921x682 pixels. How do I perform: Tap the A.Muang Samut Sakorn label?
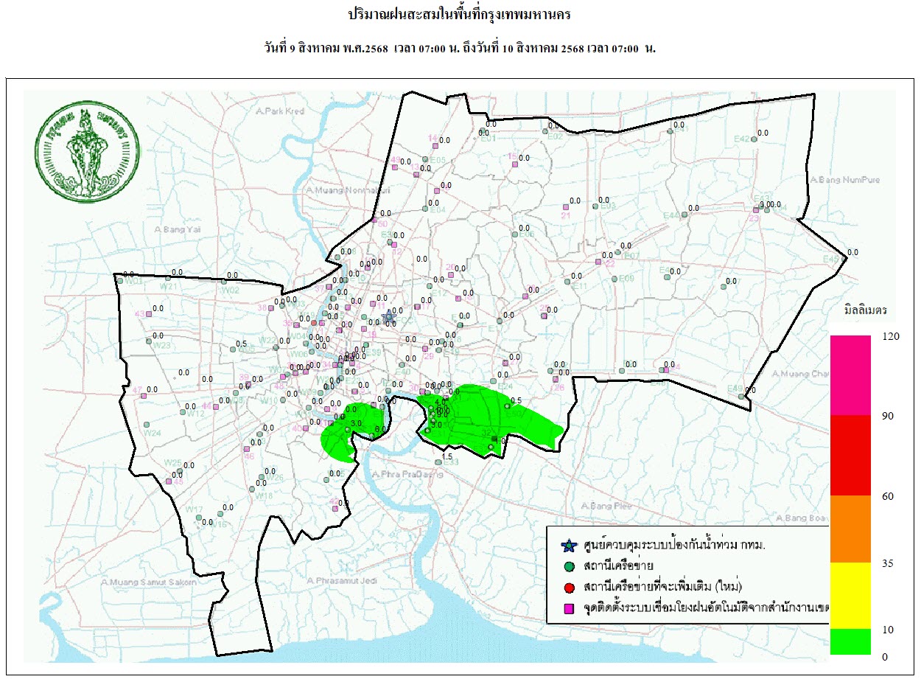(149, 582)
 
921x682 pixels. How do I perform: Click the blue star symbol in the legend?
(567, 546)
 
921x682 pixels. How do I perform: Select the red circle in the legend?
(568, 587)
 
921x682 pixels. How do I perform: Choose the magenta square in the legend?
(568, 608)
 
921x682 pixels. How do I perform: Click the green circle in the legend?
(568, 567)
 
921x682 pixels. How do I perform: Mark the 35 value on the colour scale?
(888, 563)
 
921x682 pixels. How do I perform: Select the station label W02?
(231, 290)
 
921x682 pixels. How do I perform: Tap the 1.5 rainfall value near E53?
(447, 456)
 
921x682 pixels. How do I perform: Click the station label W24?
(152, 433)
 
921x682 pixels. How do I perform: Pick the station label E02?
(556, 136)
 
